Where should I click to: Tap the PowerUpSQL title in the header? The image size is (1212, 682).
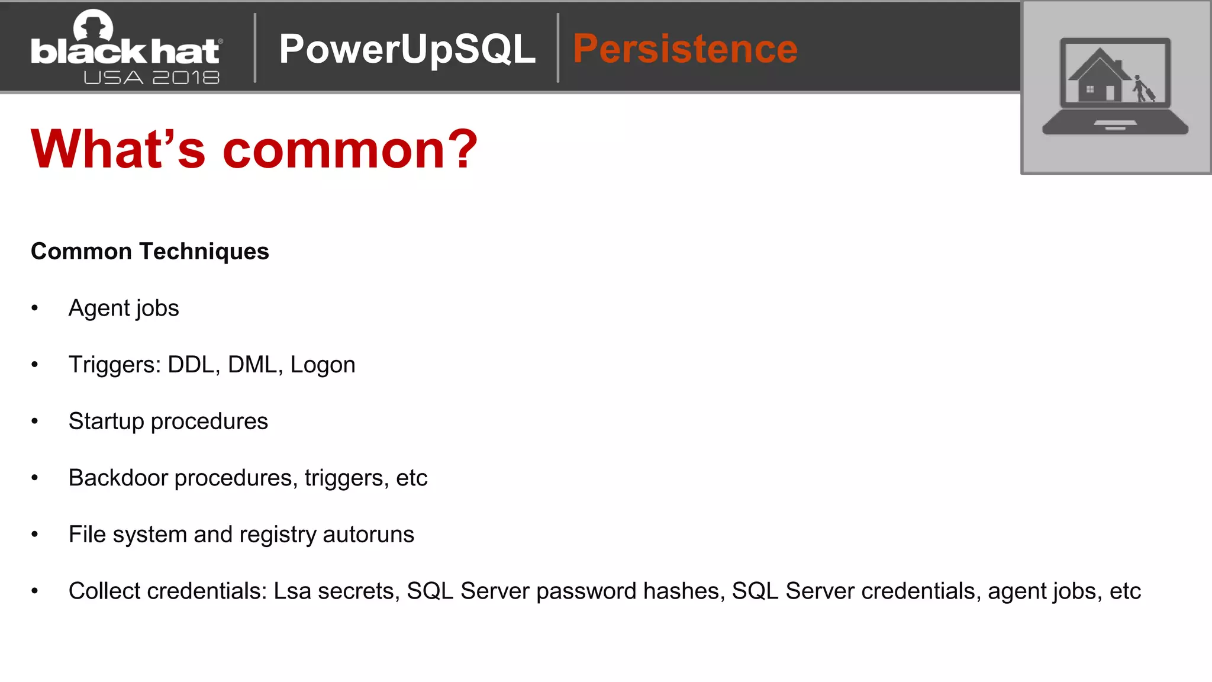(x=407, y=49)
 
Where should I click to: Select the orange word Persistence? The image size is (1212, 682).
(x=685, y=49)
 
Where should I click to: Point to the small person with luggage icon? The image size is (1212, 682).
(x=1142, y=89)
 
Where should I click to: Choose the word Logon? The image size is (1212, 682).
(x=323, y=365)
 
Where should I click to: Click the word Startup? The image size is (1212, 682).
(x=107, y=422)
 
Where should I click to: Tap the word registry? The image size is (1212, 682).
(x=278, y=535)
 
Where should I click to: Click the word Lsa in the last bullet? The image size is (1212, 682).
(x=292, y=591)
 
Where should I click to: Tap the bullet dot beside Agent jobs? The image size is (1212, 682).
(x=35, y=308)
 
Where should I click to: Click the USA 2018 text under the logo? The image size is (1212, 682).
(x=151, y=78)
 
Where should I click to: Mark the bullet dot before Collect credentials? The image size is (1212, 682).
(x=35, y=591)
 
